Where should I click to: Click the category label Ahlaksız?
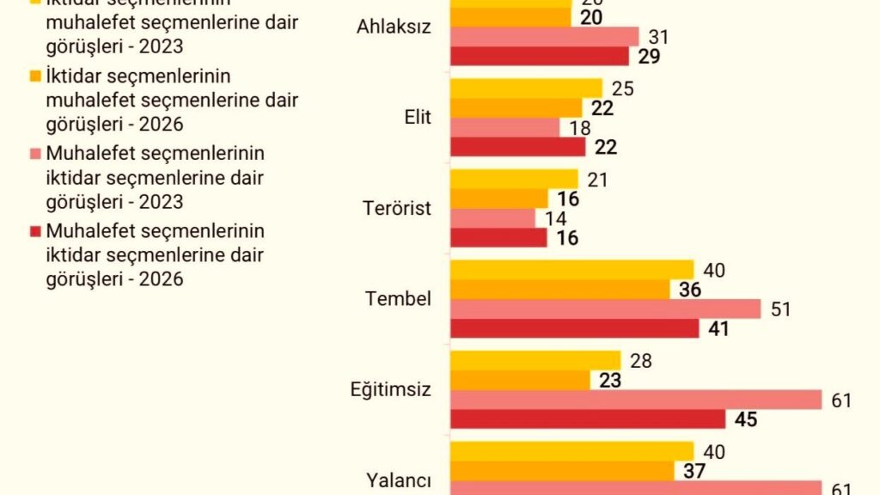pyautogui.click(x=393, y=27)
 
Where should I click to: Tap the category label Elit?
pyautogui.click(x=419, y=118)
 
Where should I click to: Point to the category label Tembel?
pyautogui.click(x=398, y=299)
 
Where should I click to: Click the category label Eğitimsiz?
pyautogui.click(x=389, y=389)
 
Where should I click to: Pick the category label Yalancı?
pyautogui.click(x=398, y=480)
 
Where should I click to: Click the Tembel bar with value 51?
pyautogui.click(x=605, y=309)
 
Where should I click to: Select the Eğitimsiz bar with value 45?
pyautogui.click(x=588, y=419)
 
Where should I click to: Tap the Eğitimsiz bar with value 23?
pyautogui.click(x=520, y=380)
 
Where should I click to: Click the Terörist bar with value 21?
pyautogui.click(x=514, y=179)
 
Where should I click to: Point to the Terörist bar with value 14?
pyautogui.click(x=492, y=218)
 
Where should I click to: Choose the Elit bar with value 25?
pyautogui.click(x=526, y=88)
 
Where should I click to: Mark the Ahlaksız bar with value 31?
pyautogui.click(x=545, y=37)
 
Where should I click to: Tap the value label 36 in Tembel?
pyautogui.click(x=689, y=290)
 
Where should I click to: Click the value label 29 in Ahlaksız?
pyautogui.click(x=649, y=57)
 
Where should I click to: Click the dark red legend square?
pyautogui.click(x=35, y=231)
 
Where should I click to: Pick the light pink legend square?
pyautogui.click(x=35, y=154)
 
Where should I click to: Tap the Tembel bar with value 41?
pyautogui.click(x=574, y=328)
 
